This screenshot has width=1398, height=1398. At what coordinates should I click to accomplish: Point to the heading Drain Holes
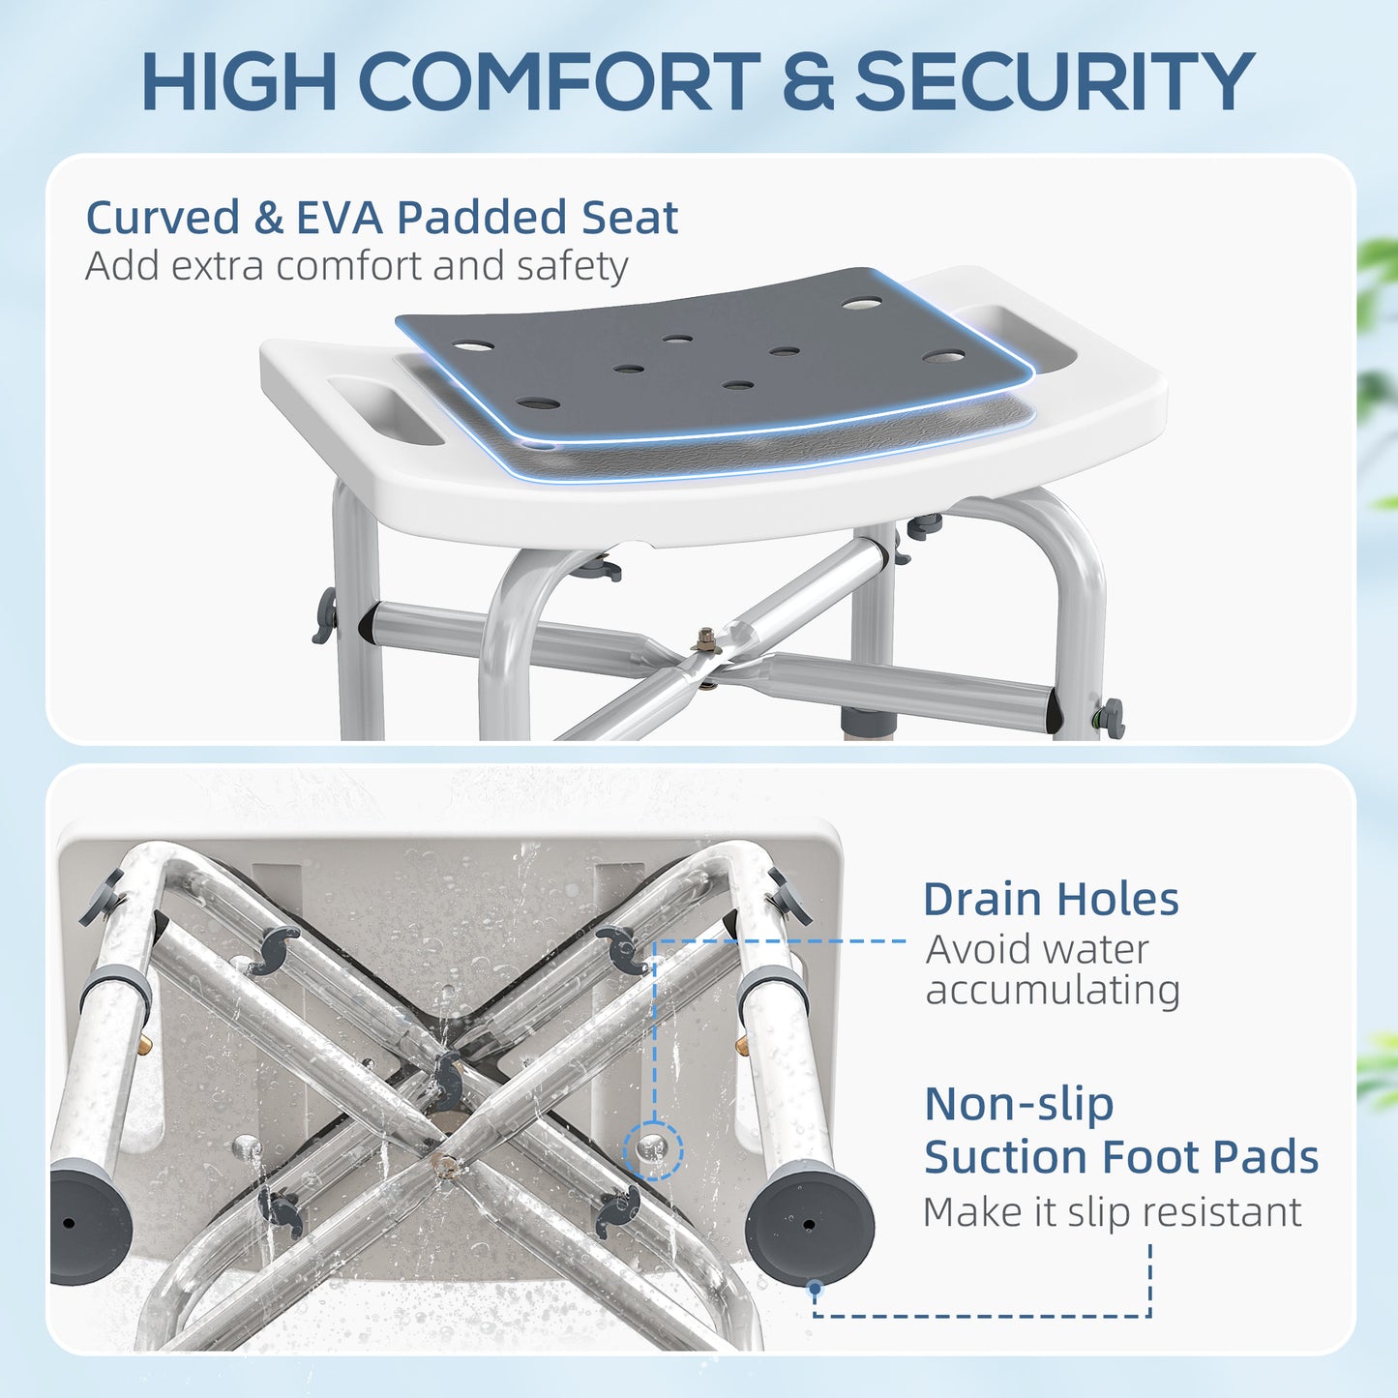1051,899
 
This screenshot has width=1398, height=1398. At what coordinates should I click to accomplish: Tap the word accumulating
1053,991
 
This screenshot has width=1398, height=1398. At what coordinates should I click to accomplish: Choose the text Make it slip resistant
1113,1212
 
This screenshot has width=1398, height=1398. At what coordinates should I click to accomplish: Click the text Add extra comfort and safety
357,266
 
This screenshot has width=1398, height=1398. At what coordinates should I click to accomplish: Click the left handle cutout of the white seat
385,410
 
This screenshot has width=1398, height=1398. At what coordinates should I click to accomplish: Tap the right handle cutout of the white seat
1015,334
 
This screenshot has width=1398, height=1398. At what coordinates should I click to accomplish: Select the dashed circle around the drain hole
653,1150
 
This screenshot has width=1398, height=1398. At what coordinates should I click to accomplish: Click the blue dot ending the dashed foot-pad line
816,1288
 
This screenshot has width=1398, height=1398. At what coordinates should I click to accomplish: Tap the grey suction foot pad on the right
810,1223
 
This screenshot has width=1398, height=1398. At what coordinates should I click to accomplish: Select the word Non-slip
1019,1105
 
